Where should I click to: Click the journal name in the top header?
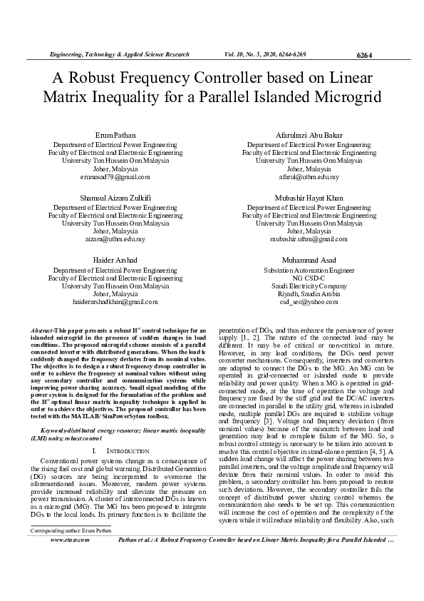[x=118, y=55]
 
